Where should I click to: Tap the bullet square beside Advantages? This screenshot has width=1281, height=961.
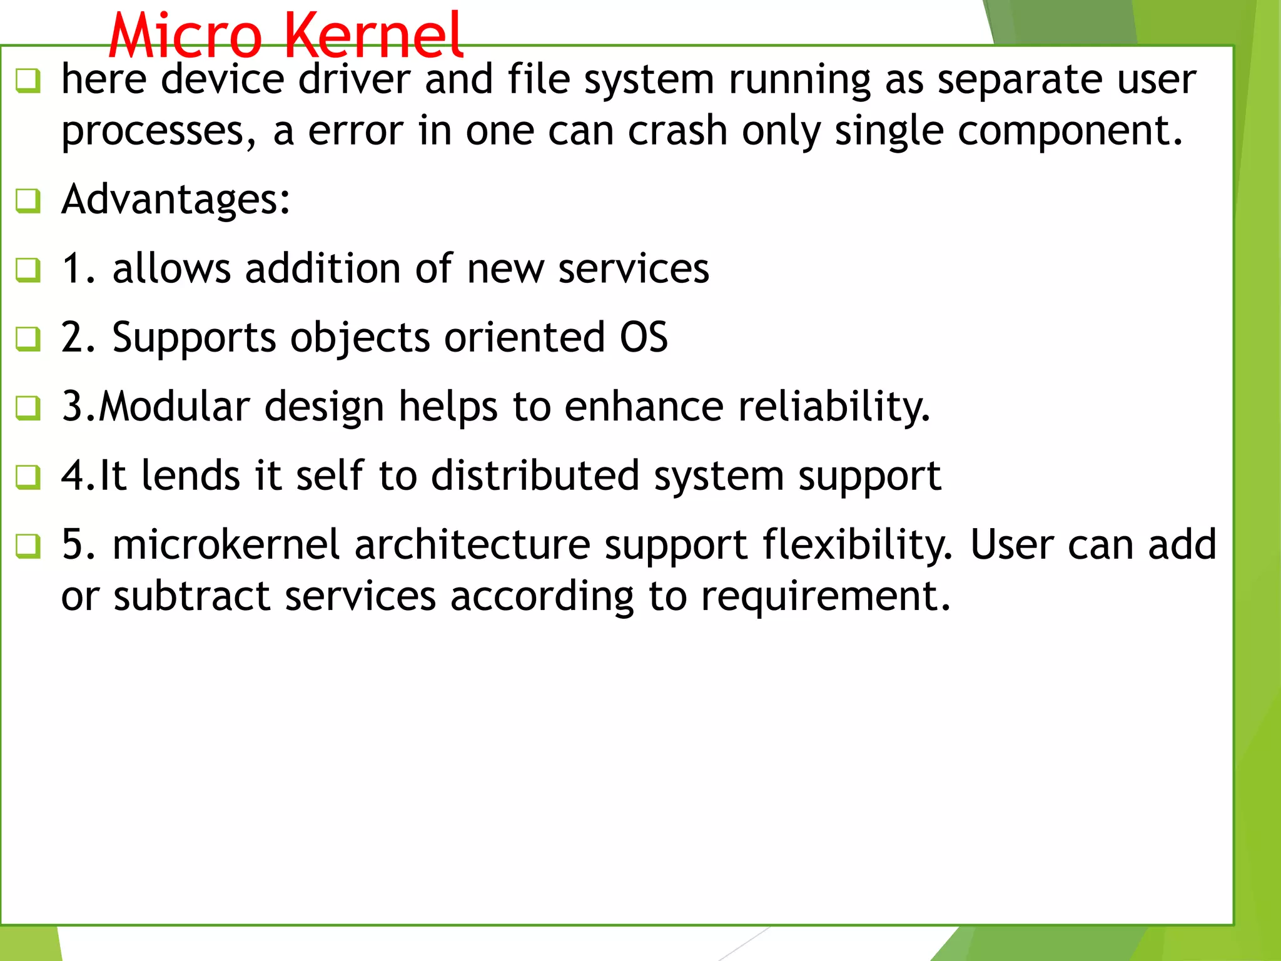[28, 201]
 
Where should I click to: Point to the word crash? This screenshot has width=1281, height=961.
[677, 131]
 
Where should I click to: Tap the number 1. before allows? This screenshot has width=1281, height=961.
[79, 269]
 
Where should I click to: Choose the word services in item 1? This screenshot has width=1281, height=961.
[633, 269]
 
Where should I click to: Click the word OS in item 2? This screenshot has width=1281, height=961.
[644, 338]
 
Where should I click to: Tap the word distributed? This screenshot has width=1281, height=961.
[535, 475]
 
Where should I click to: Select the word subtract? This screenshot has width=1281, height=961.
[192, 596]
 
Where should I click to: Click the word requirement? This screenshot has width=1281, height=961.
[826, 597]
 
